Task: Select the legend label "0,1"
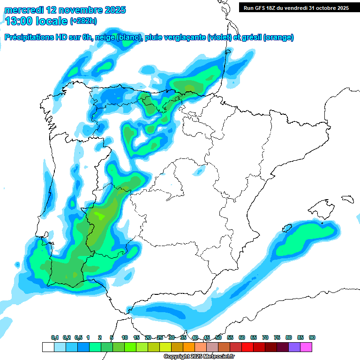pos(54,338)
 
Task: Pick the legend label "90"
pos(312,338)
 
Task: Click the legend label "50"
pos(218,338)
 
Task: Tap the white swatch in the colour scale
pos(48,347)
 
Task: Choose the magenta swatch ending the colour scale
pos(306,347)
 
